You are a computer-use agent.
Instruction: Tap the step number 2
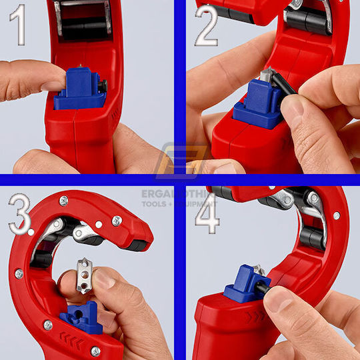point(207,27)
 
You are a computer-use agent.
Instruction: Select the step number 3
point(21,213)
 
